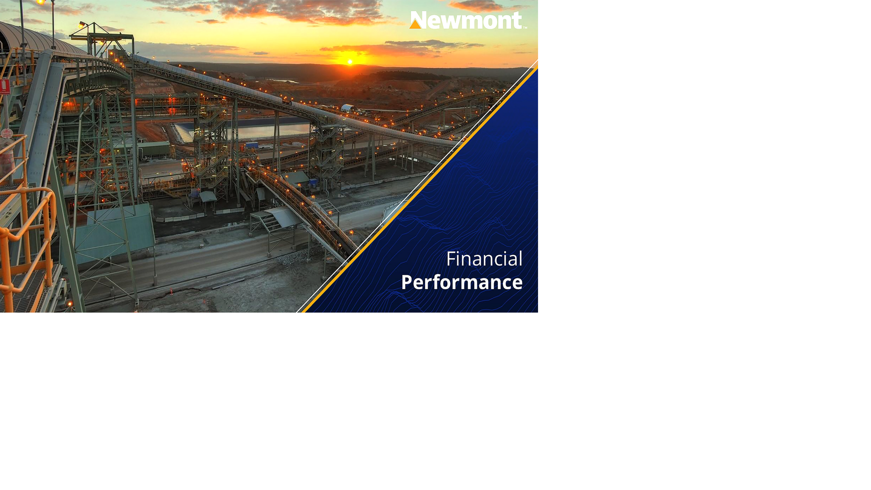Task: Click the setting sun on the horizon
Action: [x=350, y=61]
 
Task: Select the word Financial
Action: [x=484, y=259]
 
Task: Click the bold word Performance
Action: [x=462, y=282]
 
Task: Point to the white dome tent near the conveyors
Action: [x=347, y=108]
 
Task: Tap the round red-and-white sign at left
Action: [x=6, y=133]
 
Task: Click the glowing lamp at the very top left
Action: [x=40, y=2]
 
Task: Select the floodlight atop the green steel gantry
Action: [x=82, y=24]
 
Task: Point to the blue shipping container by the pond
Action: [x=251, y=145]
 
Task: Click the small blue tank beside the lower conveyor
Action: [x=313, y=182]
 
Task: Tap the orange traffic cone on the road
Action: [x=171, y=291]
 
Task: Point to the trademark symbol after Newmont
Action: [x=525, y=27]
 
